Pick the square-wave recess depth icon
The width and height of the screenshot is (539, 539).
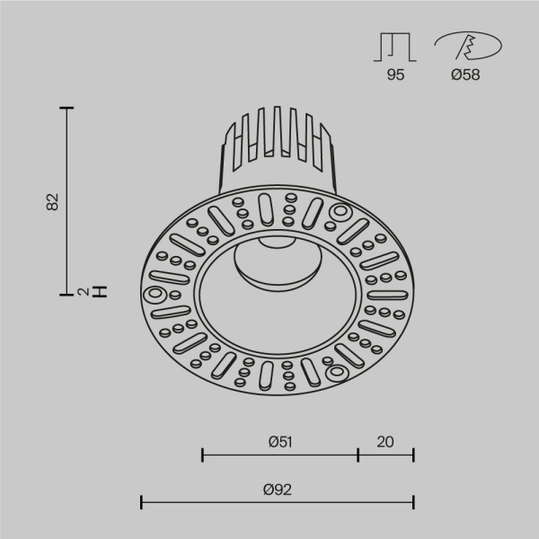coord(395,47)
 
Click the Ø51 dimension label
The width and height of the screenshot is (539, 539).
coord(281,441)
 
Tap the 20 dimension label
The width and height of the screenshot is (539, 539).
coord(385,441)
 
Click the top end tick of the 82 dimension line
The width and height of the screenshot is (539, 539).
coord(66,108)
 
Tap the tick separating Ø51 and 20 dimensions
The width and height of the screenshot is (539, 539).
coord(358,455)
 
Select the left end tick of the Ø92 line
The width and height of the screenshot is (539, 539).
coord(142,502)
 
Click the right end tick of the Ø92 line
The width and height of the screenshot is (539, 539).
coord(413,502)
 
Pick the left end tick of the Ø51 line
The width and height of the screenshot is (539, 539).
coord(203,455)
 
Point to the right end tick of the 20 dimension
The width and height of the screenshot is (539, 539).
coord(413,455)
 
